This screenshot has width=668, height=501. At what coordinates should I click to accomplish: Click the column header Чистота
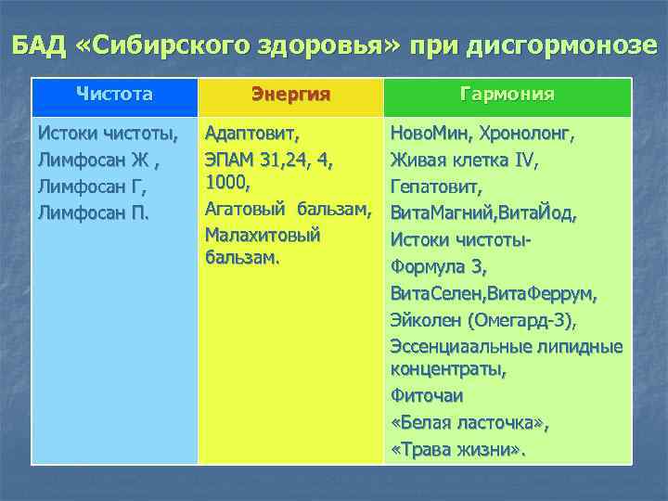(x=114, y=94)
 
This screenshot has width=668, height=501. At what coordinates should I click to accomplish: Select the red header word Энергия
(x=290, y=95)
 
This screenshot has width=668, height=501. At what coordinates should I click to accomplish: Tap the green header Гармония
(x=507, y=95)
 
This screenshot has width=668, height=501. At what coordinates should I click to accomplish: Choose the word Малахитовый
(x=262, y=235)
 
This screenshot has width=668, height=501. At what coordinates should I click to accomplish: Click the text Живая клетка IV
(x=464, y=160)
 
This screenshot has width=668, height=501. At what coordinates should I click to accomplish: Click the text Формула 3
(x=438, y=267)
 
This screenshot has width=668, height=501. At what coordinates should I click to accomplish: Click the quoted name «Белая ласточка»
(x=469, y=424)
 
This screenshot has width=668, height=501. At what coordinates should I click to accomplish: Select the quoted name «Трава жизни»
(x=457, y=450)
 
